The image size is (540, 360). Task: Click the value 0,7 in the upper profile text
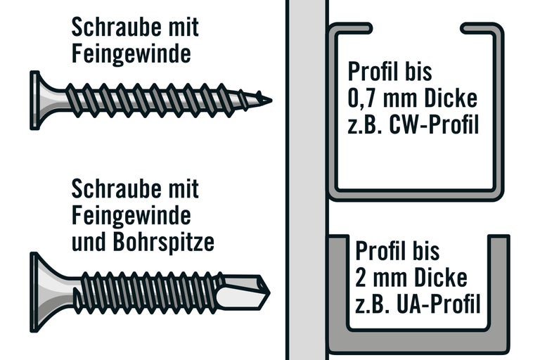(x=363, y=98)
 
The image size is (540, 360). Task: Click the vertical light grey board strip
(x=307, y=180)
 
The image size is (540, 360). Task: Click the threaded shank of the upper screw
(x=155, y=99)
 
